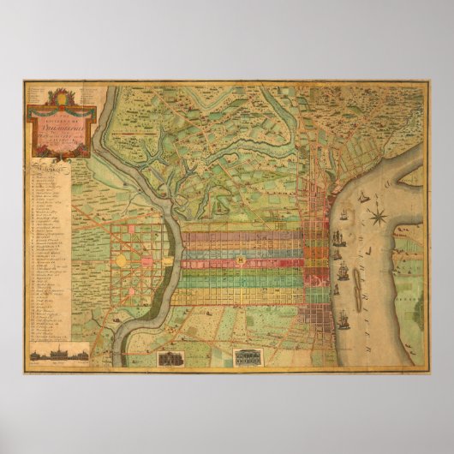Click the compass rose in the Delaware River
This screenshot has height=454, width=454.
coord(381,207)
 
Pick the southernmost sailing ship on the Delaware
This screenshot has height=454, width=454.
coord(343,323)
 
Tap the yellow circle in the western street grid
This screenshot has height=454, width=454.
coord(122,258)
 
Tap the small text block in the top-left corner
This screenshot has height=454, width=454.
coord(38,87)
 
